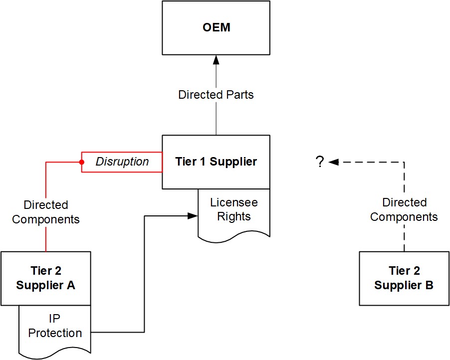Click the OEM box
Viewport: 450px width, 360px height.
coord(216,27)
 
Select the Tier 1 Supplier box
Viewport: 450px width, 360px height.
coord(216,162)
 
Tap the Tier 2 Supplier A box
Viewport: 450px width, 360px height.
coord(45,278)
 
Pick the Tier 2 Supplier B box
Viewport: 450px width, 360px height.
coord(404,278)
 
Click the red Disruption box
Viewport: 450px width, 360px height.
coord(122,162)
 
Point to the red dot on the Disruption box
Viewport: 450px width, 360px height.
coord(82,162)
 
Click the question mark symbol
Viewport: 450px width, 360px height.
coord(320,162)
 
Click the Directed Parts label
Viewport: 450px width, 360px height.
coord(216,95)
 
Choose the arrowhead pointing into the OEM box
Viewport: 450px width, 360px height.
coord(216,59)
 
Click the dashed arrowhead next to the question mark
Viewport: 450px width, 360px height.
coord(333,162)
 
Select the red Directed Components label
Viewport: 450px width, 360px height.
coord(46,212)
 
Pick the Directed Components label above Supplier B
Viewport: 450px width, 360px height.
coord(404,209)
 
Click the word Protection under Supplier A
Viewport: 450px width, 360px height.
coord(55,333)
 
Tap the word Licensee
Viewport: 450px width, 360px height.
coord(234,203)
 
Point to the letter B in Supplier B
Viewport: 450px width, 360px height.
coord(428,285)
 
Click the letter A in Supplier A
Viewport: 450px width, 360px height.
coord(71,285)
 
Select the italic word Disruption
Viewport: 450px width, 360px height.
coord(122,162)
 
